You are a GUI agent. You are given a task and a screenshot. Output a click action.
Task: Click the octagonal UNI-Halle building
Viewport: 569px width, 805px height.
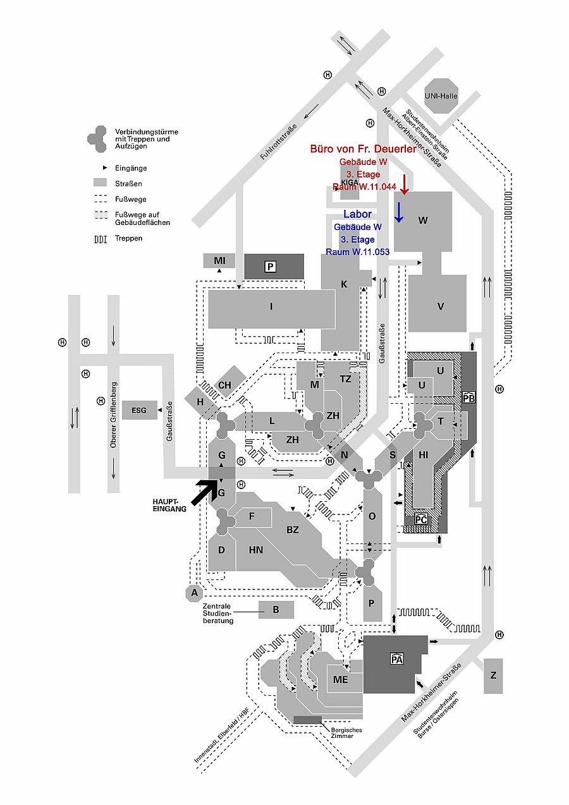[450, 96]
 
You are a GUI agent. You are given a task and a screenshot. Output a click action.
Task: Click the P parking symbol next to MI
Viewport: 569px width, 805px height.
[271, 267]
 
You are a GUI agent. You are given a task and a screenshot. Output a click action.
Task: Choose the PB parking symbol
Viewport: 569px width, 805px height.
[468, 397]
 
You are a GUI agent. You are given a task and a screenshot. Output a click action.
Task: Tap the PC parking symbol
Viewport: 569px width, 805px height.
[422, 519]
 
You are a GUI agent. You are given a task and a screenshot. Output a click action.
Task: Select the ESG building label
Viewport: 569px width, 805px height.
[139, 411]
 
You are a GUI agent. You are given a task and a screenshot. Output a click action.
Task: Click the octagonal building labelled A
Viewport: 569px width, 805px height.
[195, 593]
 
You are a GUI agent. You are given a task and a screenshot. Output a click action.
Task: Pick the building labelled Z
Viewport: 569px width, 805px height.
[493, 675]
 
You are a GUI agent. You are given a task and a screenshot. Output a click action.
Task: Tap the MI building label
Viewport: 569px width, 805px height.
[219, 260]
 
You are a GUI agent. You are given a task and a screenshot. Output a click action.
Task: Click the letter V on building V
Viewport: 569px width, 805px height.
[441, 306]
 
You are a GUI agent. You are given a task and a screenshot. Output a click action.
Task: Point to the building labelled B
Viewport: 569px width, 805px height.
[276, 610]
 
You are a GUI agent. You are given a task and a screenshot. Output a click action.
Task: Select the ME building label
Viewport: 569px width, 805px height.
[341, 679]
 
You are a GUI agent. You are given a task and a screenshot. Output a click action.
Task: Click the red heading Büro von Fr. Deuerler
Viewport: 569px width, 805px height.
[363, 150]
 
